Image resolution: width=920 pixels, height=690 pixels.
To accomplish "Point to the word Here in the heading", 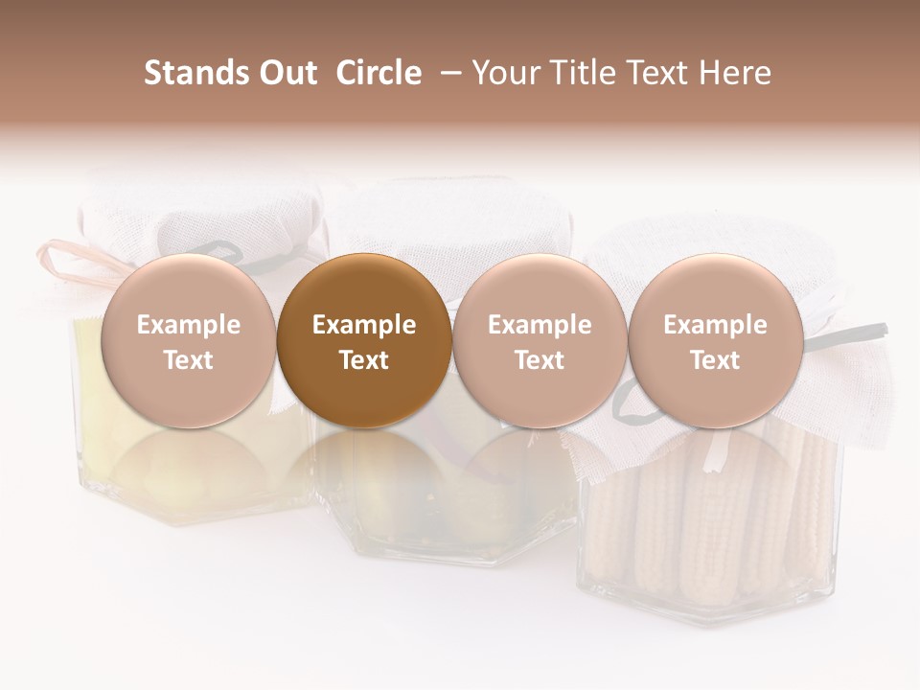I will pyautogui.click(x=736, y=73).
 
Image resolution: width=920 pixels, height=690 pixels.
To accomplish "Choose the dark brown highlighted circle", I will pyautogui.click(x=364, y=341).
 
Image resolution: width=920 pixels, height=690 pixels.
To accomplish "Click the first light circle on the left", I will pyautogui.click(x=188, y=341).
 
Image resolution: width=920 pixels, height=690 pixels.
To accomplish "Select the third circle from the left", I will pyautogui.click(x=540, y=341).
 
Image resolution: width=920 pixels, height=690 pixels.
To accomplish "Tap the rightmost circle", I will pyautogui.click(x=716, y=341).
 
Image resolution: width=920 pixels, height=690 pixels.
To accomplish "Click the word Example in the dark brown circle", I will pyautogui.click(x=364, y=325).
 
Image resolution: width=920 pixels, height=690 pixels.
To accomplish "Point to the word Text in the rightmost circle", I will pyautogui.click(x=716, y=360).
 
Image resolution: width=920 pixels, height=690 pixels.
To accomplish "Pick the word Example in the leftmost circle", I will pyautogui.click(x=188, y=325).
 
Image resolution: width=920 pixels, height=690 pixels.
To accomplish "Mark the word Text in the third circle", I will pyautogui.click(x=540, y=360).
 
